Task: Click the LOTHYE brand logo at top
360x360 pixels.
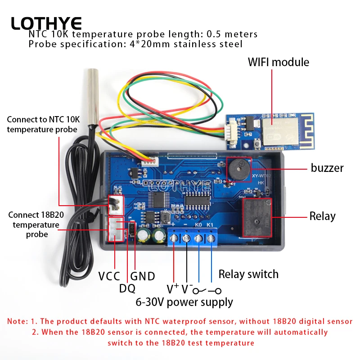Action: (x=46, y=23)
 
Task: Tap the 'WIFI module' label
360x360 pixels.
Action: (x=279, y=62)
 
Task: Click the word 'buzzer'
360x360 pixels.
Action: (x=327, y=168)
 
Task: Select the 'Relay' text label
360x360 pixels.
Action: (x=322, y=216)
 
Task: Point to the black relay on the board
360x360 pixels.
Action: (x=257, y=218)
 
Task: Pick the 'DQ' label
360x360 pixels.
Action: (x=127, y=288)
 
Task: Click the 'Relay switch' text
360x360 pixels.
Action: (x=248, y=274)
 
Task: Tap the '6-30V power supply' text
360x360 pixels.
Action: (x=184, y=301)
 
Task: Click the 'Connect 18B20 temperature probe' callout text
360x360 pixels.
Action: (x=36, y=224)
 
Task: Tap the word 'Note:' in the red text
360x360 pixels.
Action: (x=18, y=321)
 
